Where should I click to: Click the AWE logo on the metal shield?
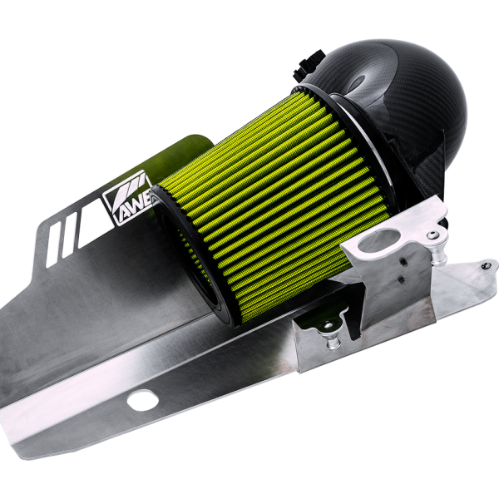[125, 199]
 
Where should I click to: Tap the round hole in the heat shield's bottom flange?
[142, 399]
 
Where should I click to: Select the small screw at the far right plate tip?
[485, 265]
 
